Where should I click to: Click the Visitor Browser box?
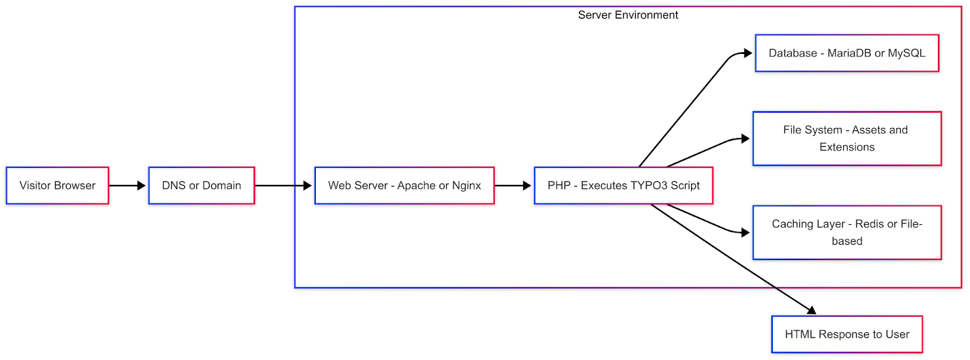point(57,185)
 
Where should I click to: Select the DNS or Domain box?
point(201,185)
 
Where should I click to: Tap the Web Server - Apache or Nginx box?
point(404,185)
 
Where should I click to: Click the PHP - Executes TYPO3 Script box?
point(623,185)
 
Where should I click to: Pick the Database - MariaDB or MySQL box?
point(847,53)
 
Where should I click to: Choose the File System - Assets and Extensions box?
point(847,138)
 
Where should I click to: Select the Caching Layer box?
point(847,232)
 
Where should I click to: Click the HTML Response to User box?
point(847,334)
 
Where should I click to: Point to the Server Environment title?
point(628,15)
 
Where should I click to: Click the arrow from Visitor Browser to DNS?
point(127,185)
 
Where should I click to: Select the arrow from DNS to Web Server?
point(283,185)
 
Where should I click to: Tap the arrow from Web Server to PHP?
point(513,185)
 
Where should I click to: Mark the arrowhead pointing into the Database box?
point(748,53)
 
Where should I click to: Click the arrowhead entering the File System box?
point(746,139)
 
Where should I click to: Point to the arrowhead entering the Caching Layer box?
point(746,232)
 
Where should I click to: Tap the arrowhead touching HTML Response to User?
point(811,310)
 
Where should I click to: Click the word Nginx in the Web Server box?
point(466,185)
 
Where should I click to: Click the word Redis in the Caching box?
point(869,224)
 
